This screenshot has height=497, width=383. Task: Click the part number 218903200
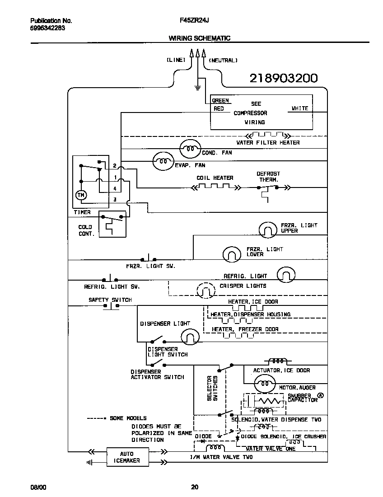283,78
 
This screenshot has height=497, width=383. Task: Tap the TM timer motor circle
81,195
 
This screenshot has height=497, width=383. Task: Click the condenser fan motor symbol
190,148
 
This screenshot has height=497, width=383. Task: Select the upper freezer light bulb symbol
267,230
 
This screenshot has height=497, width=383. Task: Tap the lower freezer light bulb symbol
232,254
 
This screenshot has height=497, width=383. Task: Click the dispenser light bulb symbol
190,336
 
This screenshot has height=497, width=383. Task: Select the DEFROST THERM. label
268,176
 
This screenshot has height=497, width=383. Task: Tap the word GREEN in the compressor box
220,101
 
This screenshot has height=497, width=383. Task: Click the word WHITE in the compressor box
300,108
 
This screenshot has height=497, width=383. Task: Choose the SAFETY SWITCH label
110,300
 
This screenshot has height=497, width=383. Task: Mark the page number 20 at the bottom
194,487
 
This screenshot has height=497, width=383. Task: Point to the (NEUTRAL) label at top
223,60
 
